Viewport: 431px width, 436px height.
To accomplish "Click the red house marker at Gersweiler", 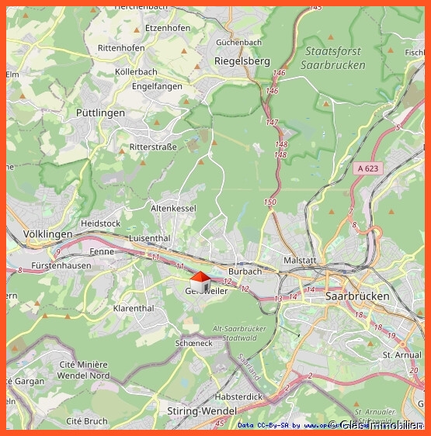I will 200,281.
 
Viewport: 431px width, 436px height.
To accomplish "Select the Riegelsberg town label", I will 242,61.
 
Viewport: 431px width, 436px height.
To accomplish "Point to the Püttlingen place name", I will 100,112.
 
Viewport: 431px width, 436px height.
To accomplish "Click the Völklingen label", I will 47,234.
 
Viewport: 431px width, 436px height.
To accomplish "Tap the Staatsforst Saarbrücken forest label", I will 335,58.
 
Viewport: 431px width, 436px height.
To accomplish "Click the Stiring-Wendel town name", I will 202,410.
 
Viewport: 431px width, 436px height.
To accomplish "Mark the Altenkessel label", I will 173,208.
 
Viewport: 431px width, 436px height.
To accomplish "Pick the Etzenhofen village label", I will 167,28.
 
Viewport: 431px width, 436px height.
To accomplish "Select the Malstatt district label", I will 301,261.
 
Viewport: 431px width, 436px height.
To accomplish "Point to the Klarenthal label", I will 134,308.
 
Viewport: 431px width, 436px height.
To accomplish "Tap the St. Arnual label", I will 401,355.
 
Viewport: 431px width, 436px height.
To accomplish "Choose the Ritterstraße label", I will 153,147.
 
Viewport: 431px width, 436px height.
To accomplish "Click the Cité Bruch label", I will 87,421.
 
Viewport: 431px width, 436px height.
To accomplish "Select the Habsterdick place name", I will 238,396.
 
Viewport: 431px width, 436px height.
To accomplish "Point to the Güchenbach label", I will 238,42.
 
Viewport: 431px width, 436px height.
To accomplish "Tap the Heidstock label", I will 101,223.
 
